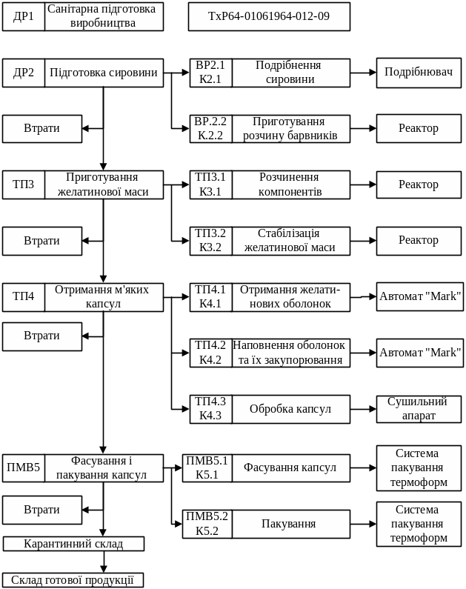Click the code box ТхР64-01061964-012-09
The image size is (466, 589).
tap(269, 16)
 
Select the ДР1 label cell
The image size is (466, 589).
tap(24, 16)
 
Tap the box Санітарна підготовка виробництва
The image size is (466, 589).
tap(104, 16)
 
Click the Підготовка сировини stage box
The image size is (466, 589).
tap(104, 73)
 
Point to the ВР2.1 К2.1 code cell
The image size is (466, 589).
tap(210, 73)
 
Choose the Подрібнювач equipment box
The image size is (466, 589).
tap(419, 73)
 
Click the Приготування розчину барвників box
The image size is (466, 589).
tap(290, 129)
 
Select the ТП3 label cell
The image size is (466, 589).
tap(24, 185)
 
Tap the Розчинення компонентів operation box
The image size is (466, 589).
tap(290, 185)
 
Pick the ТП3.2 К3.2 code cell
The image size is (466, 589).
tap(210, 241)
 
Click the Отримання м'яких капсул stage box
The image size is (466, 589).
tap(104, 297)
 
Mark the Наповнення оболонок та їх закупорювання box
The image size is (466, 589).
tap(290, 353)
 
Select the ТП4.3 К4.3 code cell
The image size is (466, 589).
tap(210, 409)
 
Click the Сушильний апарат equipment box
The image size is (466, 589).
tap(419, 409)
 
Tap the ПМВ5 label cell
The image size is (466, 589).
tap(24, 468)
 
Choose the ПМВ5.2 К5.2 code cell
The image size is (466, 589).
tap(207, 524)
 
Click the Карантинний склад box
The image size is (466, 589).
tap(73, 544)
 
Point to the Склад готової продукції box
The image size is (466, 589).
tap(73, 580)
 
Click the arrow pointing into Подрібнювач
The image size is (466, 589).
tap(364, 73)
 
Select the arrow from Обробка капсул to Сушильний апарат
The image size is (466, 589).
tap(364, 409)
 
